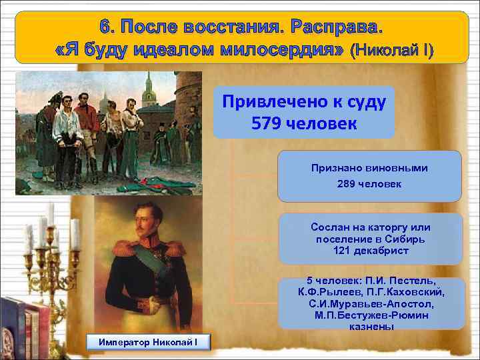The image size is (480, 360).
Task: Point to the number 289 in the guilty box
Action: [x=350, y=183]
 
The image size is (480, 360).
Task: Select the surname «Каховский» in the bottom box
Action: [x=414, y=291]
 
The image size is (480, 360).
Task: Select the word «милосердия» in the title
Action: [x=279, y=51]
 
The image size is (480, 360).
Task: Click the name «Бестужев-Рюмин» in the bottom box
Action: [x=371, y=315]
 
